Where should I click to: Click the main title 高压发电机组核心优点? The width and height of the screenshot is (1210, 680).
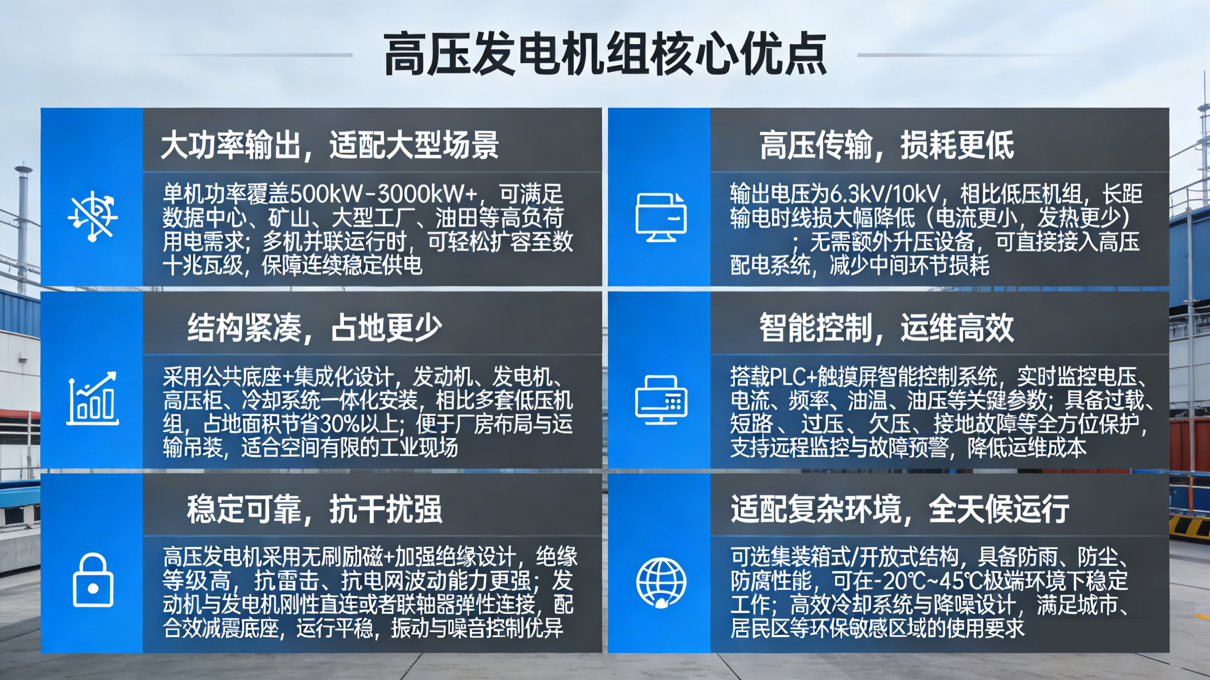click(x=605, y=54)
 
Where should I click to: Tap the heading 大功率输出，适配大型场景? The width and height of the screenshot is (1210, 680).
click(x=329, y=145)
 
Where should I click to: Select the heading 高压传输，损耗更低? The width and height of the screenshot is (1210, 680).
click(x=886, y=145)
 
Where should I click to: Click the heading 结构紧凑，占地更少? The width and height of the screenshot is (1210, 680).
click(x=314, y=327)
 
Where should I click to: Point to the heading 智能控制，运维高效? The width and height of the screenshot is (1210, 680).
click(x=886, y=327)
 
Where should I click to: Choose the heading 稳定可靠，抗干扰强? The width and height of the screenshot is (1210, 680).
click(x=314, y=509)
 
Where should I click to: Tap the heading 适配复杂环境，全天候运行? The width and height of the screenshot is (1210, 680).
click(x=900, y=509)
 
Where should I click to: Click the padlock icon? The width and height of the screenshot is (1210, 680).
click(x=93, y=580)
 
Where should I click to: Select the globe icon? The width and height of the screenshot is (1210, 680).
click(x=661, y=583)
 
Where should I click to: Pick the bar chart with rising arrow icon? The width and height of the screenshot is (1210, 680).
click(x=93, y=398)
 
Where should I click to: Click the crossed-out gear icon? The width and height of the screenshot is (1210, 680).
click(x=93, y=216)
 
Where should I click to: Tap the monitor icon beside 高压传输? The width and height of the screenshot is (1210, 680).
click(x=661, y=218)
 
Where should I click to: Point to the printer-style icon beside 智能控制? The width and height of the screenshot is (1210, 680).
click(x=661, y=400)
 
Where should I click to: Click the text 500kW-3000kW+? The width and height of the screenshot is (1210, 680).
click(x=384, y=193)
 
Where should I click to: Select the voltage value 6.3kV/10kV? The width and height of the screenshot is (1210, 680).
click(x=886, y=193)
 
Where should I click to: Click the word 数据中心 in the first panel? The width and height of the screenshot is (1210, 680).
click(x=204, y=218)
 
